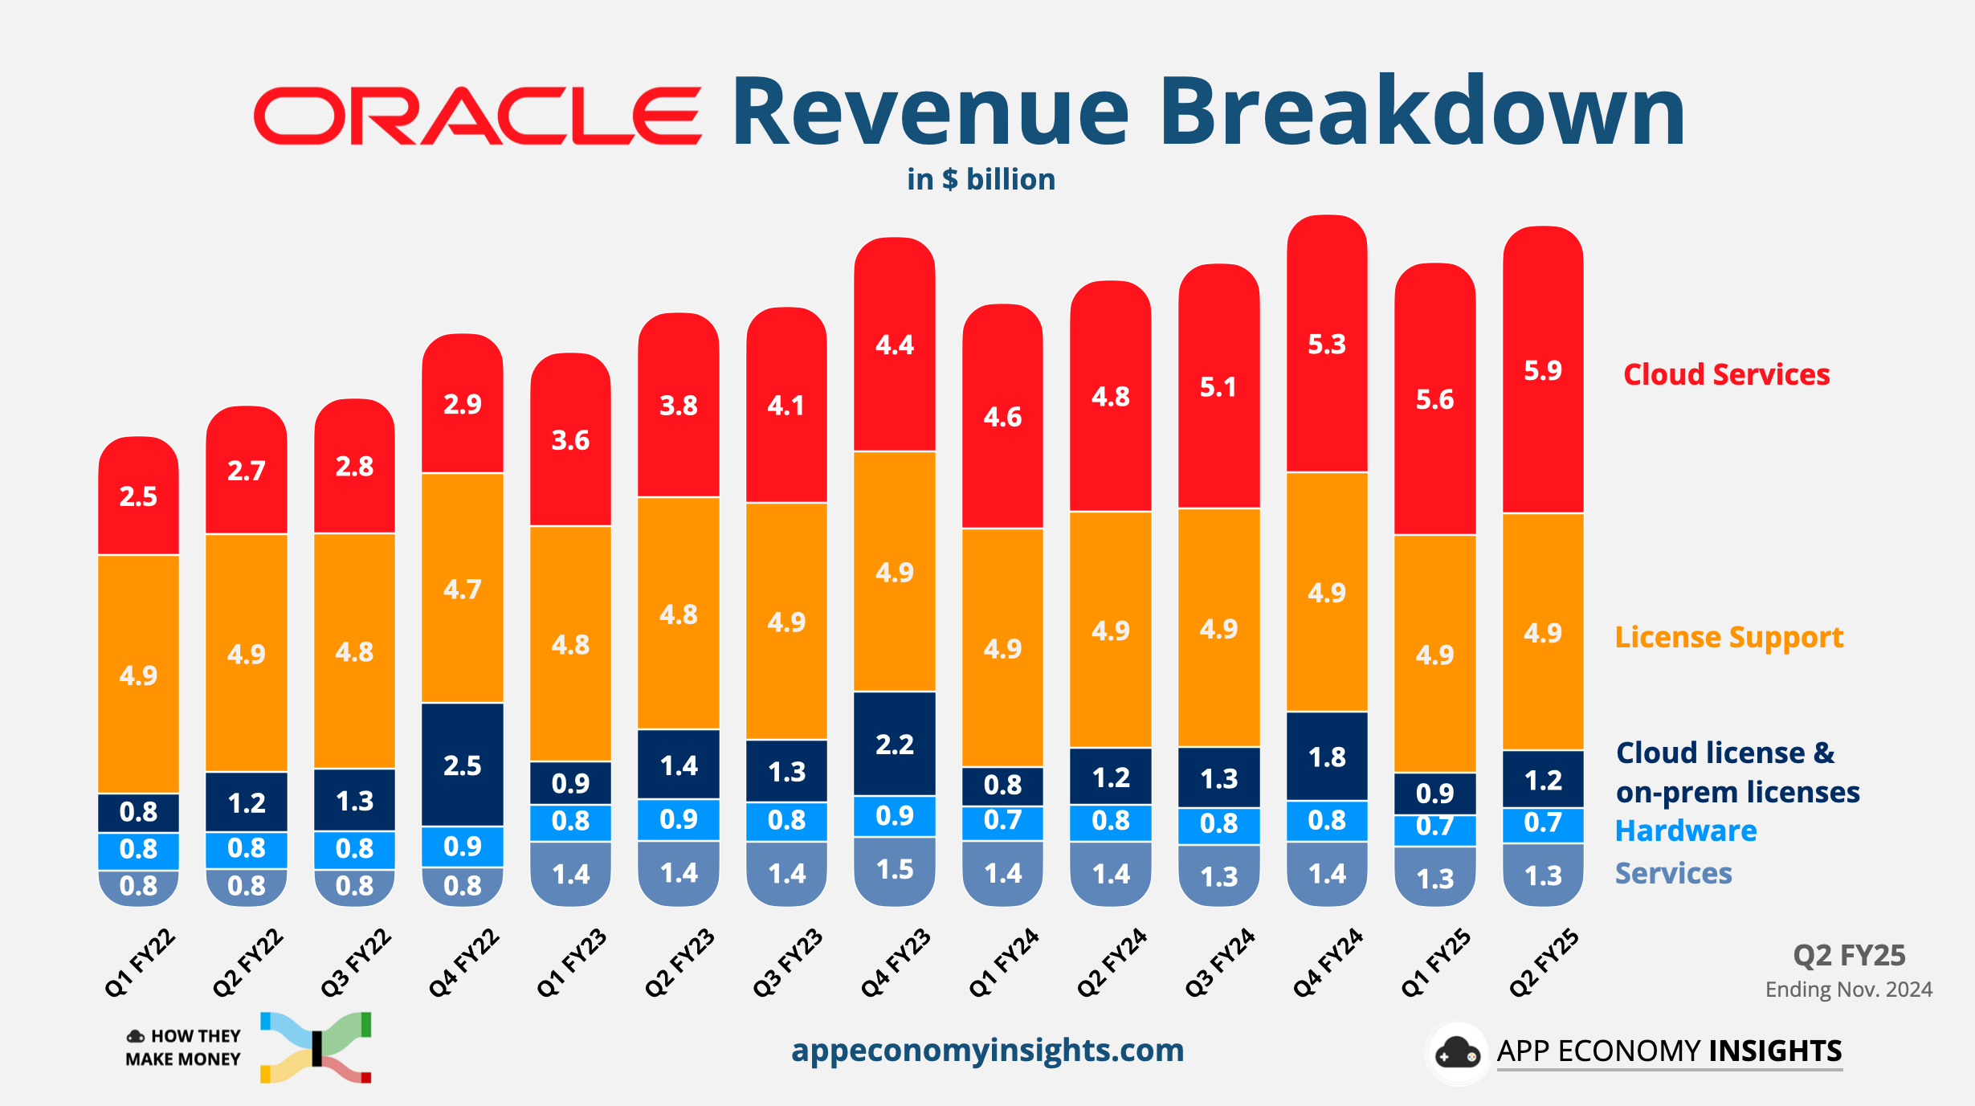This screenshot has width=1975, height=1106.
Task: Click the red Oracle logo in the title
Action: (477, 116)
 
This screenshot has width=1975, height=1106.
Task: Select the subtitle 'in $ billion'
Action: (981, 179)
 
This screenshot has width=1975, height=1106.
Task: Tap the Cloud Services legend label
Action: (1726, 374)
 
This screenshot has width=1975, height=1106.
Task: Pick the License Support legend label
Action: (1728, 637)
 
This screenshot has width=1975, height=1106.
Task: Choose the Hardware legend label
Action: (1685, 831)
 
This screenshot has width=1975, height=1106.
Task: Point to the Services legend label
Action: (1673, 873)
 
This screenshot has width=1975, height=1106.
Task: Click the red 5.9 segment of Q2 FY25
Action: (1543, 370)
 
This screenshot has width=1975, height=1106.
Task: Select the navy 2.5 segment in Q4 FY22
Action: (463, 765)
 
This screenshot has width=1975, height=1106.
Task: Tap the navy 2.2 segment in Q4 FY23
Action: (895, 744)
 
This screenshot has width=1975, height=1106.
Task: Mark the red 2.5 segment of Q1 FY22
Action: (138, 496)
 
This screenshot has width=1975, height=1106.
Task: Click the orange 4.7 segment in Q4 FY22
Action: (463, 589)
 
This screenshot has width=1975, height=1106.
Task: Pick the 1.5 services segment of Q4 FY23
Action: (895, 870)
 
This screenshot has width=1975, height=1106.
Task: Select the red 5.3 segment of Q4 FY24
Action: (1327, 344)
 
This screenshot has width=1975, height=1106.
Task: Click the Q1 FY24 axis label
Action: (1003, 962)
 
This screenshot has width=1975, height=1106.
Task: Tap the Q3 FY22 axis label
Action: (355, 962)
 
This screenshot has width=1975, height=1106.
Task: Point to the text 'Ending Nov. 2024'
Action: (1848, 990)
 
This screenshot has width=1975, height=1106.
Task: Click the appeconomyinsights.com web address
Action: (987, 1050)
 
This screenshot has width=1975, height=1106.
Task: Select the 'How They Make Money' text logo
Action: (184, 1047)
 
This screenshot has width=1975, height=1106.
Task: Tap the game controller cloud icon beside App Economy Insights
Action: (1457, 1053)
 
